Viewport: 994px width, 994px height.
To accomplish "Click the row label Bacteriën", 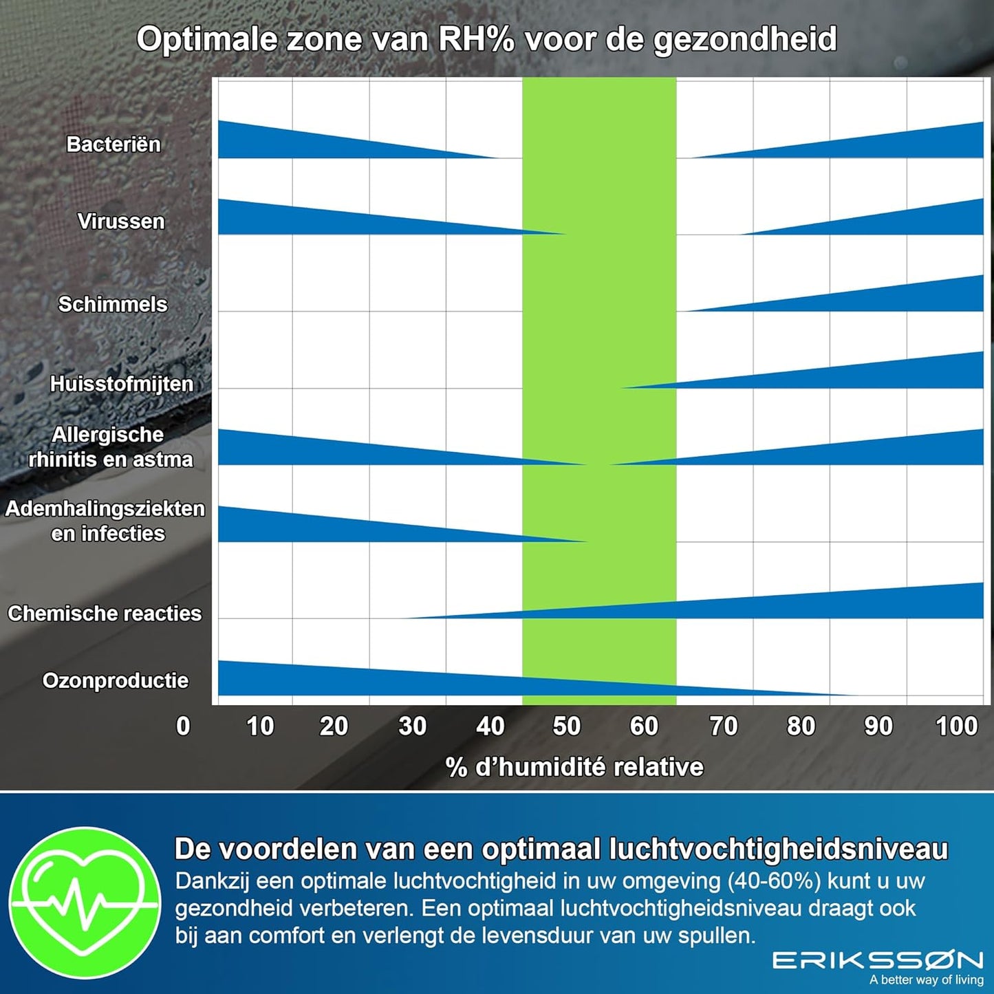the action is coord(114,144).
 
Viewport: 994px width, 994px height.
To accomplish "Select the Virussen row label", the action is coord(121,222).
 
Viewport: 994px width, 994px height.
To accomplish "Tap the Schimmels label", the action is coord(113,304).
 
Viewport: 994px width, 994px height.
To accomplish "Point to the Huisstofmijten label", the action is coord(122,384).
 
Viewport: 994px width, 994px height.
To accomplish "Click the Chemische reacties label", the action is coord(105,614).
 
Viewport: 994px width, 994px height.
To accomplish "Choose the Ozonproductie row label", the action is coord(116,680).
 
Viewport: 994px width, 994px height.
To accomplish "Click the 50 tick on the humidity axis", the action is coord(566,726).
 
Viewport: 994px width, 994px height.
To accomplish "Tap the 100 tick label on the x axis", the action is coord(956,726).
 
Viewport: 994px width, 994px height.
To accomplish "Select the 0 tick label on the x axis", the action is coord(183,726).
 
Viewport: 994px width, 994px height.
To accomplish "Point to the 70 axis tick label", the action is coord(723,726).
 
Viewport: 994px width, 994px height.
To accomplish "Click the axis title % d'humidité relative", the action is coord(574,767).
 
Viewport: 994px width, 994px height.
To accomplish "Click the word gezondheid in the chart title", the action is coord(746,40).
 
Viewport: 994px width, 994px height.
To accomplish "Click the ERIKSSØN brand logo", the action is coord(878,960).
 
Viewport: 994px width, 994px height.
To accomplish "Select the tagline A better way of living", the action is coord(927,980).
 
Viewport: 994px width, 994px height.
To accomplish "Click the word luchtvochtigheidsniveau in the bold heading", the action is coord(779,850).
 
